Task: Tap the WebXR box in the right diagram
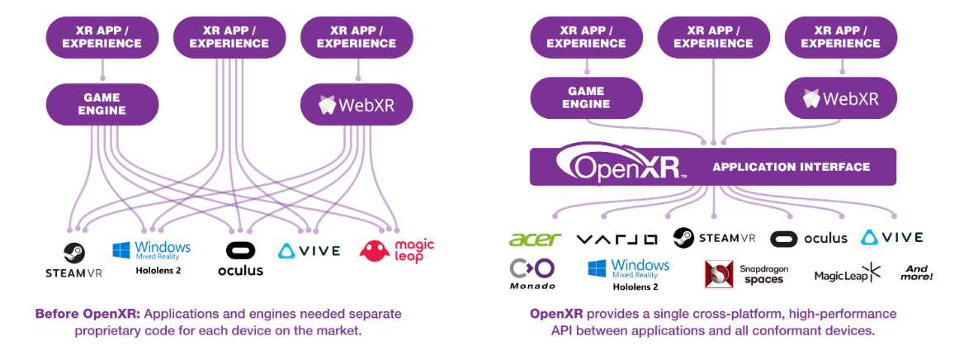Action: coord(840,99)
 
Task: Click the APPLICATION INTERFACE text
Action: coord(791,167)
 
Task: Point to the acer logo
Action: coord(535,239)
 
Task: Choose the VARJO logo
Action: coord(617,239)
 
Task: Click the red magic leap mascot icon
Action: coord(375,251)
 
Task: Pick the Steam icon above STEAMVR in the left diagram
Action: coord(73,251)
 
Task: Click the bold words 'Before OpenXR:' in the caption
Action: coord(80,314)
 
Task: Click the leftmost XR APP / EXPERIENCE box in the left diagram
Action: coord(102,37)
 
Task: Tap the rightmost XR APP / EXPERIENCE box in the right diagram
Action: coord(840,37)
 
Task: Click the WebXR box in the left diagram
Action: coord(356,104)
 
